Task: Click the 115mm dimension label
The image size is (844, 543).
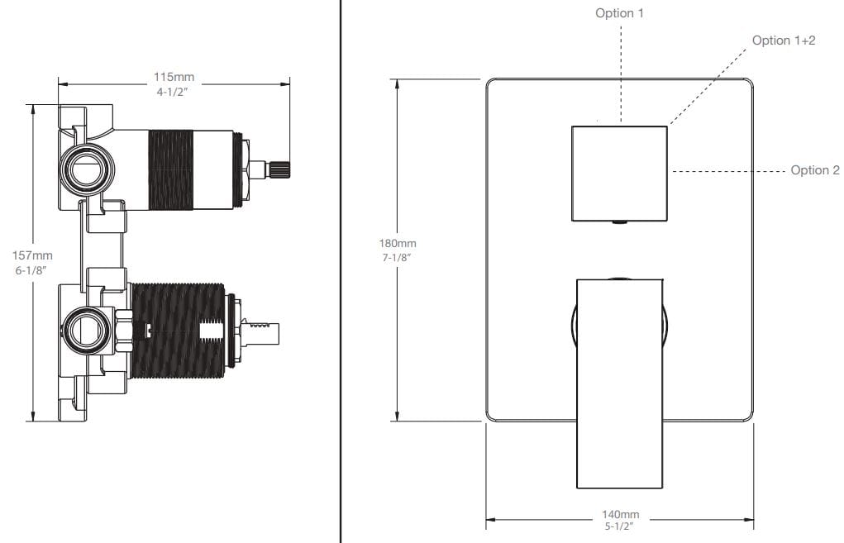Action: (174, 77)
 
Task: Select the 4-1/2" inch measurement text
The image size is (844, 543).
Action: (172, 92)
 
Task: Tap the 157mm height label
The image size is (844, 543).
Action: (32, 255)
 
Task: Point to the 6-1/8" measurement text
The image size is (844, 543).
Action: (31, 270)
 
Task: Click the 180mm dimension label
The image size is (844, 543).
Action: (398, 243)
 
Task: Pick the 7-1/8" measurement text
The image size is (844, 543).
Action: (397, 258)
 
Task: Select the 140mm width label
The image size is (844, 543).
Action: (620, 514)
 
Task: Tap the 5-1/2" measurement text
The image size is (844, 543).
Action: (618, 526)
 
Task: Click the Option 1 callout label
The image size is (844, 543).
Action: (619, 13)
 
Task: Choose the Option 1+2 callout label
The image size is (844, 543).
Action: (783, 40)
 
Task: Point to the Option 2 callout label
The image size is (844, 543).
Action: (814, 170)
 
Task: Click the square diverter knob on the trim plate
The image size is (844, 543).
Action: (619, 174)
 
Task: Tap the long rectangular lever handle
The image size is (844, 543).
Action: (619, 383)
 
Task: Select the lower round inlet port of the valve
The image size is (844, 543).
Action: (88, 329)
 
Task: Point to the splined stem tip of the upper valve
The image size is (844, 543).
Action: (279, 169)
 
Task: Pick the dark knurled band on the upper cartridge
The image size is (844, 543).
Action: (170, 169)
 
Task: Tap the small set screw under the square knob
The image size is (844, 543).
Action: (619, 222)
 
